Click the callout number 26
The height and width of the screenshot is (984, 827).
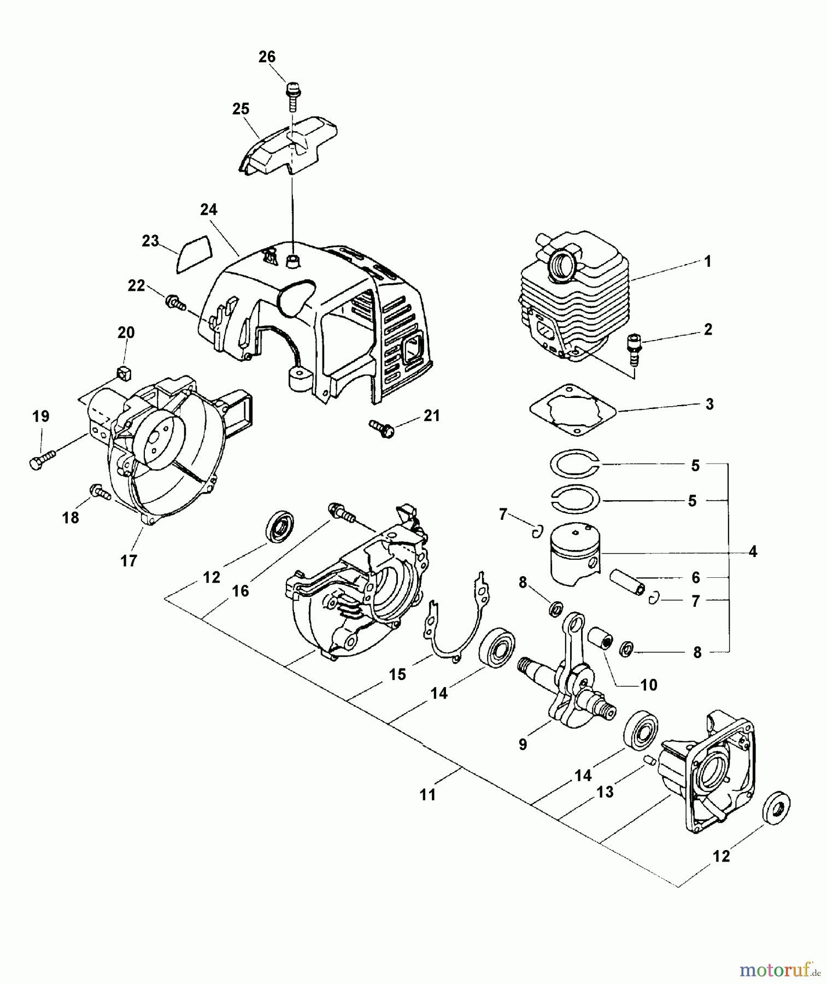267,57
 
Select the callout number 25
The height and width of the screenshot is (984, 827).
241,109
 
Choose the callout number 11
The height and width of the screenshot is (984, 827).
428,794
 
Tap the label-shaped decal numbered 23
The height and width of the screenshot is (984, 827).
195,254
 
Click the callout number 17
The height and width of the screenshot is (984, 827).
129,561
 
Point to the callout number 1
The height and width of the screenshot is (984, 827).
707,262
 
